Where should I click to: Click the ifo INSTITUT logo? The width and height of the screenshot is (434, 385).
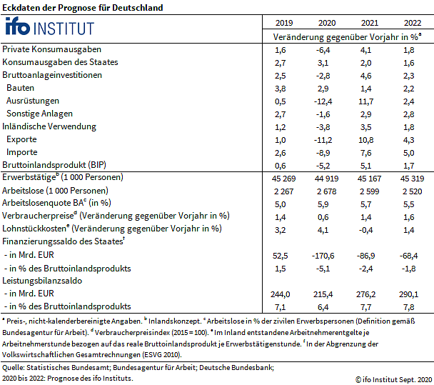49,28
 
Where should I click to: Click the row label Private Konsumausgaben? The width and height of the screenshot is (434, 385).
51,49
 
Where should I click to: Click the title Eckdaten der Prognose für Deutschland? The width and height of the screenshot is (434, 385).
82,8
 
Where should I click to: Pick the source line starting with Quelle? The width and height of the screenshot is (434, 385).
137,367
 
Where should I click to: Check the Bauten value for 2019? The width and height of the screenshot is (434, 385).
280,88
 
